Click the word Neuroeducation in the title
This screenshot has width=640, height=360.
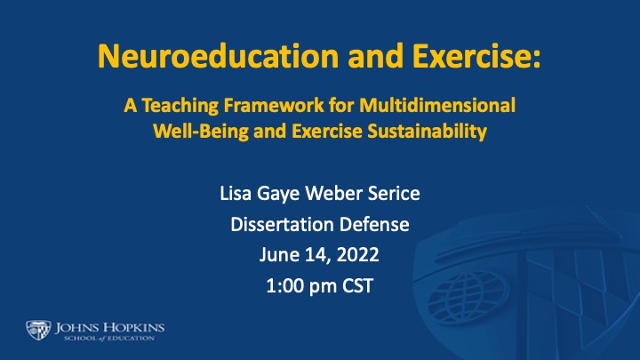[x=219, y=55]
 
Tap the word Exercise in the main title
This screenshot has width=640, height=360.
[x=476, y=55]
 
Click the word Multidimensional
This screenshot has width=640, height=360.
[x=437, y=105]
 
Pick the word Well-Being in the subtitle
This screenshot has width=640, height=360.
[x=201, y=132]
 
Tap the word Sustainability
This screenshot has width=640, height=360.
[x=427, y=132]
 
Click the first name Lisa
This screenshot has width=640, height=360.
[x=236, y=193]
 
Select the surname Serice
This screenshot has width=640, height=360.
[x=394, y=193]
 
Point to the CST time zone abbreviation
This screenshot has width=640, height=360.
[x=357, y=285]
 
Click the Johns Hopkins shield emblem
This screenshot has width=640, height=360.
[x=38, y=330]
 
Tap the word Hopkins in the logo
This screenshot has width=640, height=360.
[x=133, y=327]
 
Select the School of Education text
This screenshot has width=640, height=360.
[x=109, y=339]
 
